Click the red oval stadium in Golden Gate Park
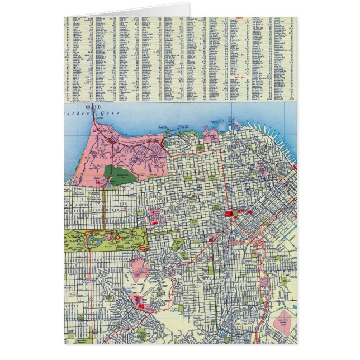tap(143, 247)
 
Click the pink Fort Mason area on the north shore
tap(210, 136)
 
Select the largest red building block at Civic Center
tap(229, 214)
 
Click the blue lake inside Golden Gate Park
tap(93, 241)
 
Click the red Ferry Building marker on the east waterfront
tap(294, 165)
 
